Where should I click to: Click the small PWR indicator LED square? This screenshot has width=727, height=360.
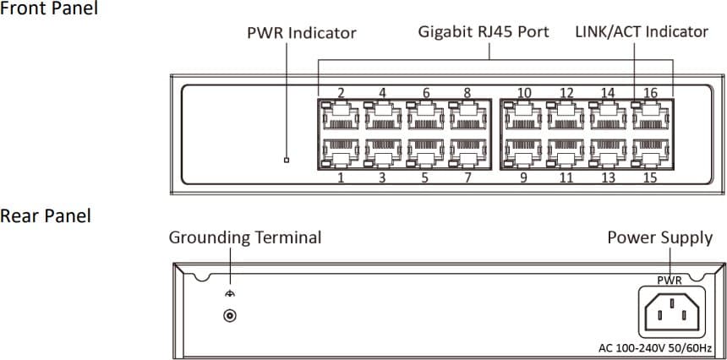coord(287,160)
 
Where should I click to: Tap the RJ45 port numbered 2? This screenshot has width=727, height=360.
coord(340,117)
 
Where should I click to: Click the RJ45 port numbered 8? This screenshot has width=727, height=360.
coord(467,117)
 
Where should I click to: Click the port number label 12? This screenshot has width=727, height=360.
coord(566,93)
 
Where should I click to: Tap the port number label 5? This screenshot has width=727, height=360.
coord(424,178)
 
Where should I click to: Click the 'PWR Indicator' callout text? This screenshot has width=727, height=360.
coord(301,34)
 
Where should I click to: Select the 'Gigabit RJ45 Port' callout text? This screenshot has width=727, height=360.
coord(484,32)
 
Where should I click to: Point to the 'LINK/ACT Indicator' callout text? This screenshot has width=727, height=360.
coord(641,32)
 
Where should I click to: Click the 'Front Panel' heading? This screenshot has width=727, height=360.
coord(49,8)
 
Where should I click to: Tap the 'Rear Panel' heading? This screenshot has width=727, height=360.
coord(46,216)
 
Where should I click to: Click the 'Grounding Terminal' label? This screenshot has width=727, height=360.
coord(245,237)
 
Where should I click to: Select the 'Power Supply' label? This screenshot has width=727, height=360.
coord(659,237)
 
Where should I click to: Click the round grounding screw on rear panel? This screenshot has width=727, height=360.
coord(228,316)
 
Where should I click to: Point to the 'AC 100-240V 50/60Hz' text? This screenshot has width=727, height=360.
coord(655,348)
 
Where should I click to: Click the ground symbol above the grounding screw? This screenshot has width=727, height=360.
coord(228,293)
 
